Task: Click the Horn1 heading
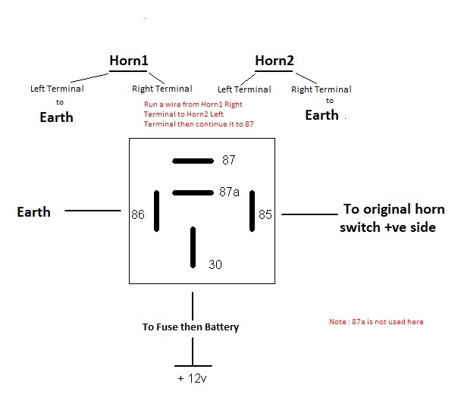[x=130, y=61]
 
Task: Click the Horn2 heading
[x=275, y=61]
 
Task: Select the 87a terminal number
[x=229, y=192]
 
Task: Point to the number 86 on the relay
[x=137, y=215]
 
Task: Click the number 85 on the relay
[x=265, y=215]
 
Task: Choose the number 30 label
[x=216, y=264]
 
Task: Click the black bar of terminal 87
[x=193, y=161]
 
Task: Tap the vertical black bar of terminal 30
[x=193, y=247]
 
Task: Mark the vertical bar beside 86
[x=157, y=211]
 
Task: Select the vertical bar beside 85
[x=252, y=211]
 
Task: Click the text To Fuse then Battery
[x=190, y=327]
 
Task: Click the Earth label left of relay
[x=33, y=212]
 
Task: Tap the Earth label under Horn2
[x=322, y=115]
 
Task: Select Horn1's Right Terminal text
[x=162, y=89]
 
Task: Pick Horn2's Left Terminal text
[x=244, y=89]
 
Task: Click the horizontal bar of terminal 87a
[x=194, y=192]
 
